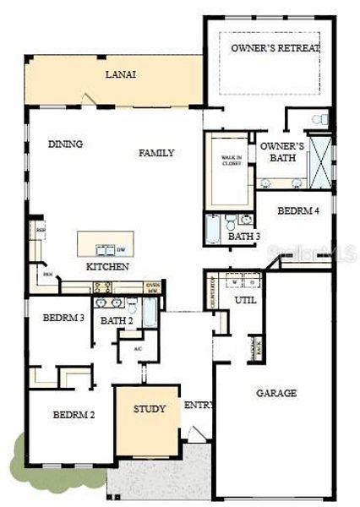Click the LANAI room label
[x=121, y=74]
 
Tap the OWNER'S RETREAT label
[x=275, y=48]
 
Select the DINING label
[x=65, y=144]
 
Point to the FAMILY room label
[x=156, y=153]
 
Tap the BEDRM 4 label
[x=298, y=210]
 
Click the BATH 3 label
[x=244, y=237]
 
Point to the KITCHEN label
[x=107, y=267]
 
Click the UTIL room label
[x=245, y=300]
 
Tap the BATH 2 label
[x=117, y=321]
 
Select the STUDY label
[x=150, y=409]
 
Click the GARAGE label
[x=276, y=393]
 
